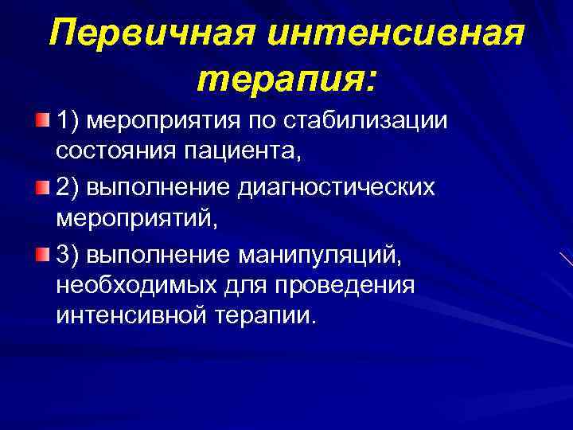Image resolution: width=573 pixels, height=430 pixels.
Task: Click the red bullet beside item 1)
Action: (42, 120)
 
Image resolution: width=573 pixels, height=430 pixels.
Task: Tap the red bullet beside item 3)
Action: (42, 254)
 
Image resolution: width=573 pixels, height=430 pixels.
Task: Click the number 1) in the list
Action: (69, 121)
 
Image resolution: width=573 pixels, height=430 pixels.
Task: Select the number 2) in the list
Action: (69, 188)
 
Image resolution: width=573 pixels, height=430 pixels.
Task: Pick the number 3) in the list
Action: (69, 255)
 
